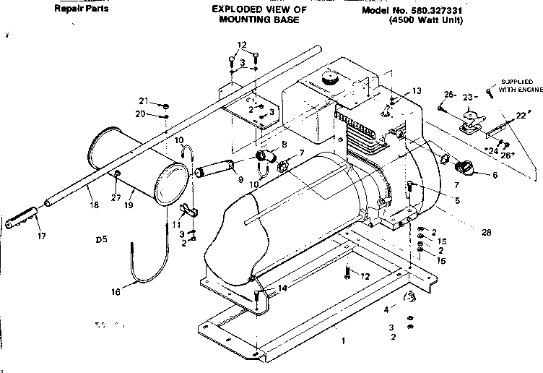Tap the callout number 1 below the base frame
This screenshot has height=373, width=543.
344,340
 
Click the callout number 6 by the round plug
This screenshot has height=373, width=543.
495,175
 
